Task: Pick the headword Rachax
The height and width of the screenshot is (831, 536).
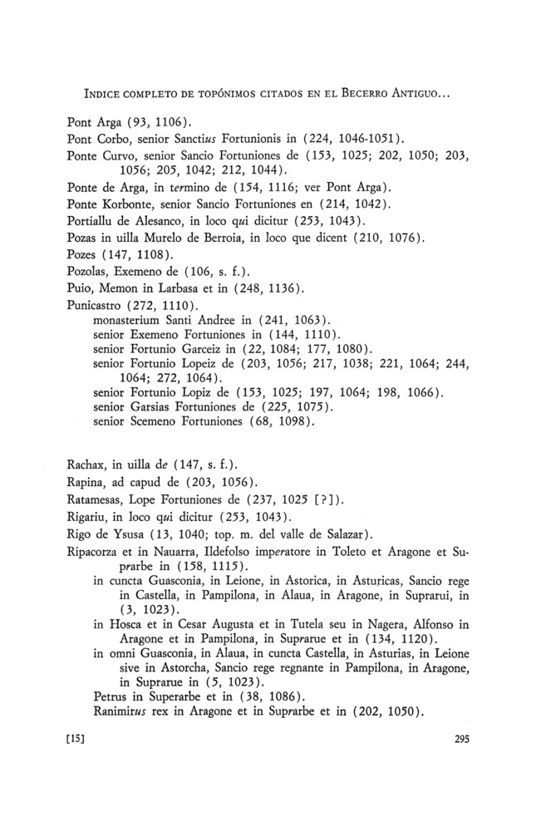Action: pos(86,463)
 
